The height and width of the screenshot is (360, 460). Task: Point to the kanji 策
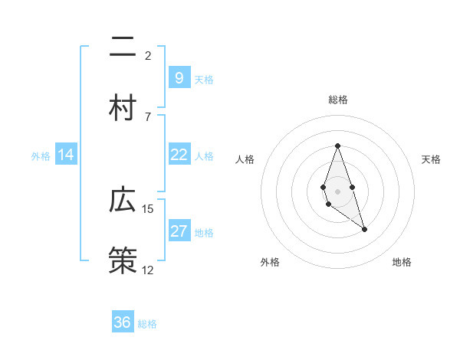122,260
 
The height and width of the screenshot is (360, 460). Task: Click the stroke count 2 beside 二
148,56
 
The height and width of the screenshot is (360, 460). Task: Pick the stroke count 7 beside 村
148,116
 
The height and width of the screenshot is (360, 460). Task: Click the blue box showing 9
179,77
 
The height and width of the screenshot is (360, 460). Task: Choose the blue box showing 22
179,155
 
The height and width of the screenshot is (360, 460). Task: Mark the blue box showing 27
179,231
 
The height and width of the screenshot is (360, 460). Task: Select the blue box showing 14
66,155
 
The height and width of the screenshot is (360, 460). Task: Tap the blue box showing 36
122,322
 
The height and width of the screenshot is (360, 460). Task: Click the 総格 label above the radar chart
337,100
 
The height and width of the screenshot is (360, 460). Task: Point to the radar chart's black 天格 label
431,159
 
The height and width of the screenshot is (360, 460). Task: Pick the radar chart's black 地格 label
402,262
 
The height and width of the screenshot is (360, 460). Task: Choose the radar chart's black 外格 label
270,262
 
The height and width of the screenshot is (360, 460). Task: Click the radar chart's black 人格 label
245,159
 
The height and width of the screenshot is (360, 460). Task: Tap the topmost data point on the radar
337,146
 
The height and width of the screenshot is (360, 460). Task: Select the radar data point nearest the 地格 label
364,229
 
